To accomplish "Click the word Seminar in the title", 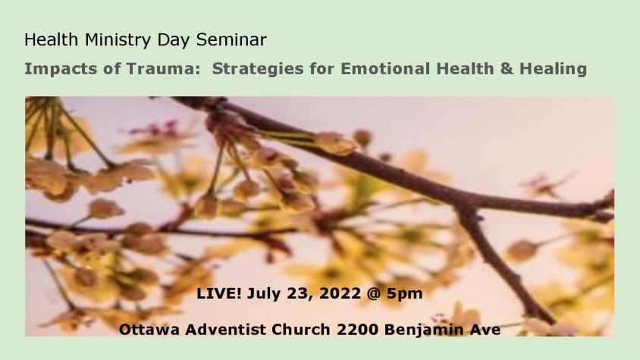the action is pos(231,40).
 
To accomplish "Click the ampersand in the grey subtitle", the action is pos(506,68).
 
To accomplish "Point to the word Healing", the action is pos(553,69).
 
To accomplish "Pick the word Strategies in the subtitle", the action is pos(258,69).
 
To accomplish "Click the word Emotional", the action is pos(385,68).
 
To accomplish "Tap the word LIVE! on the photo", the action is pos(219,293).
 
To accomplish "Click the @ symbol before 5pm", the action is pos(374,293).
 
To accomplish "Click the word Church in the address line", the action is pos(301,330).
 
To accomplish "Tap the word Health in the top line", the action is pos(51,40).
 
